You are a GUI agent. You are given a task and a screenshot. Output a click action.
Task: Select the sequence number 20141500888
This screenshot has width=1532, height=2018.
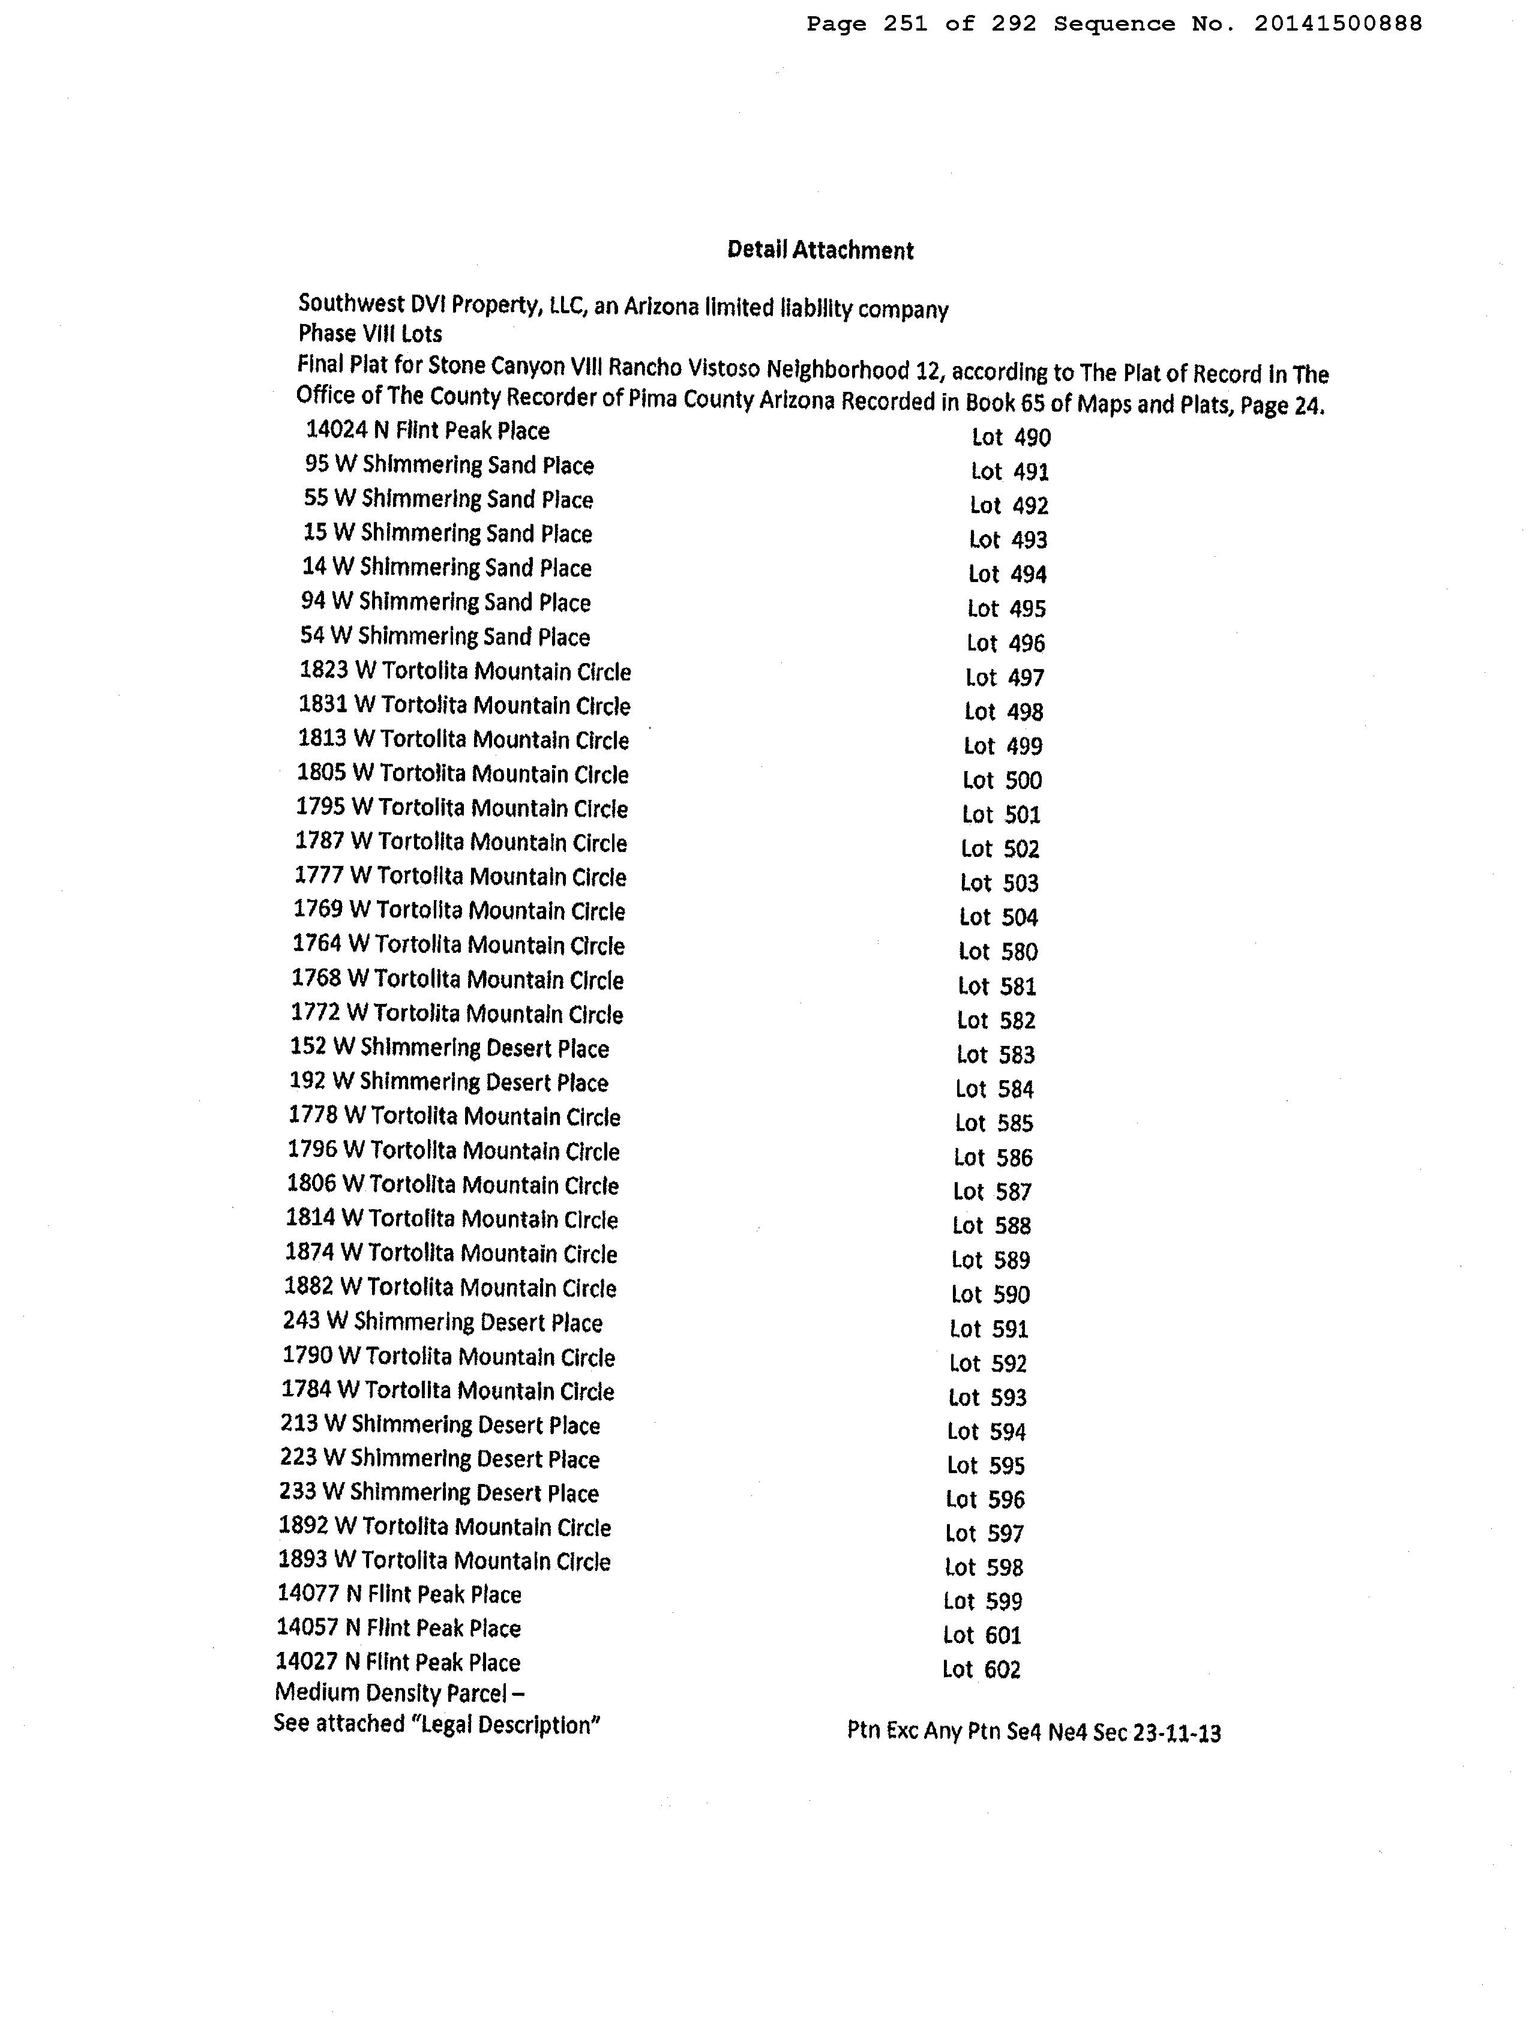coord(1337,24)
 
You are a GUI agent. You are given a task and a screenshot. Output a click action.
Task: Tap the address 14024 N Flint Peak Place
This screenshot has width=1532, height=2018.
coord(427,431)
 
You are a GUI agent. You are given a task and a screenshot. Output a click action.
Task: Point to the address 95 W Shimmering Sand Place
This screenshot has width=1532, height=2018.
coord(449,465)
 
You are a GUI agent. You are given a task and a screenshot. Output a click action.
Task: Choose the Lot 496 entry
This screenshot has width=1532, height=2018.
coord(1006,643)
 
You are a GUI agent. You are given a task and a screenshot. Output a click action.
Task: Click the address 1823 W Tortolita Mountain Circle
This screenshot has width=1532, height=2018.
coord(464,671)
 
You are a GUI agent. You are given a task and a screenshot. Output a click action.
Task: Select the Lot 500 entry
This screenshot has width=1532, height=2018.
coord(1002,780)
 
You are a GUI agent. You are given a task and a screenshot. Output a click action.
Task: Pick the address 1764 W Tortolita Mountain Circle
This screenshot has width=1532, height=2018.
coord(458,945)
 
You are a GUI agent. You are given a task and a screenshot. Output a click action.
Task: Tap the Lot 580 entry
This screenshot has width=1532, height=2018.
coord(997,952)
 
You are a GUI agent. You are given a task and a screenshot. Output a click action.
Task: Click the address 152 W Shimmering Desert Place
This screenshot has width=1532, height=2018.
coord(449,1048)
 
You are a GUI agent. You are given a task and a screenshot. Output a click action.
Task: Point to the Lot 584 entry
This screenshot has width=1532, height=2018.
coord(994,1089)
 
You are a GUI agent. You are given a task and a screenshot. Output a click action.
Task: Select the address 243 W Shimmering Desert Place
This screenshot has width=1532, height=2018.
coord(442,1322)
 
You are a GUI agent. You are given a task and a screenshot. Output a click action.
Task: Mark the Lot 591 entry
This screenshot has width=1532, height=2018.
coord(988,1329)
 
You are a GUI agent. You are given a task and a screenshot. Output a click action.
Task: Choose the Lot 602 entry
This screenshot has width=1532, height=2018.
coord(981,1669)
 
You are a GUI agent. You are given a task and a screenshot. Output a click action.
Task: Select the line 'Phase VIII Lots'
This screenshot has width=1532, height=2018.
coord(370,334)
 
